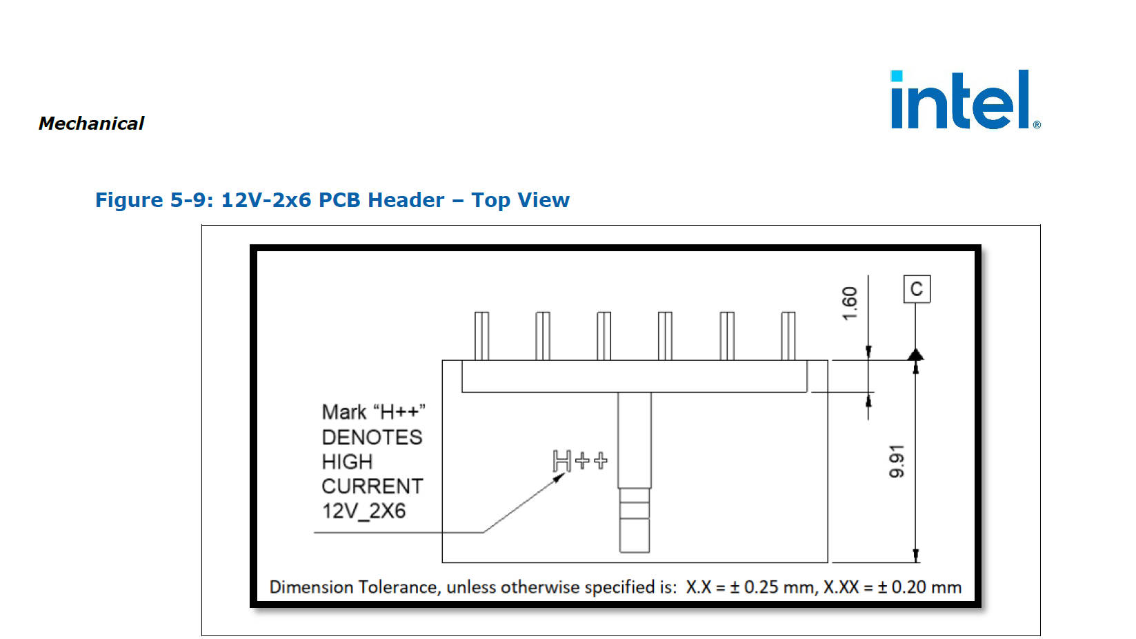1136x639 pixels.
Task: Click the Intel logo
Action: (964, 100)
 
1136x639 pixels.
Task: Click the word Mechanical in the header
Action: (91, 124)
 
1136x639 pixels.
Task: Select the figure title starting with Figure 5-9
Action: (332, 200)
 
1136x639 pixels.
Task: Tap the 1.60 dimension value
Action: (850, 303)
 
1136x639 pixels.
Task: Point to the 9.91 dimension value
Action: (897, 461)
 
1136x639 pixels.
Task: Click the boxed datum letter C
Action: (917, 289)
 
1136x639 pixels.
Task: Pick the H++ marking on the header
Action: (580, 461)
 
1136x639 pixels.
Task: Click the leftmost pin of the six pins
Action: (481, 335)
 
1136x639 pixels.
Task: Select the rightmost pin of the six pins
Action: (788, 335)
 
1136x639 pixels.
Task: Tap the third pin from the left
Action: (604, 335)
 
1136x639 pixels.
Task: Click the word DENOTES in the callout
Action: (372, 438)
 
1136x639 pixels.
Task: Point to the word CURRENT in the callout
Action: (372, 486)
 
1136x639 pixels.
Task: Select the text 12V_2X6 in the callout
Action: (363, 511)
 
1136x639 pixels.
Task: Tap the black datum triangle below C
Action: (915, 355)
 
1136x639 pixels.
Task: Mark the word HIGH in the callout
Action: (347, 462)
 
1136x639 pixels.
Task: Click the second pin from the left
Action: (543, 335)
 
